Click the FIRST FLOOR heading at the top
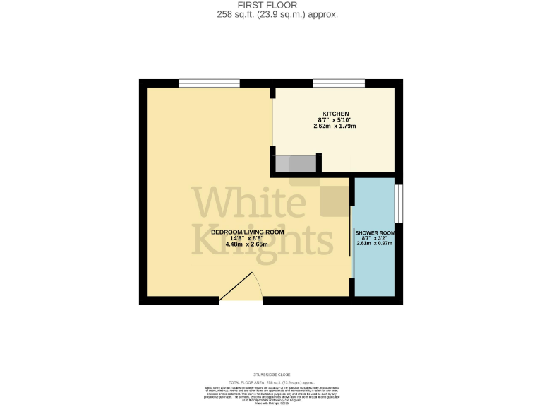pyautogui.click(x=271, y=5)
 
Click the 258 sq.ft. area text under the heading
pyautogui.click(x=271, y=13)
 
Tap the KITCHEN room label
pyautogui.click(x=335, y=114)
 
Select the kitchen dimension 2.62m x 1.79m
pyautogui.click(x=335, y=126)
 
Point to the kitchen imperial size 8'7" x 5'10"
pyautogui.click(x=335, y=120)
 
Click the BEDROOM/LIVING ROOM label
pyautogui.click(x=248, y=232)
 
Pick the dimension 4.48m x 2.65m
pyautogui.click(x=248, y=244)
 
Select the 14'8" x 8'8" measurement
pyautogui.click(x=248, y=239)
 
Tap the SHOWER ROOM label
pyautogui.click(x=374, y=232)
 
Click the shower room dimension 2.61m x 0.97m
pyautogui.click(x=374, y=244)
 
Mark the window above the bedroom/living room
pyautogui.click(x=198, y=83)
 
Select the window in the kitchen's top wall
pyautogui.click(x=339, y=83)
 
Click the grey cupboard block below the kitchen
pyautogui.click(x=296, y=164)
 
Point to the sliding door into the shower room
pyautogui.click(x=351, y=233)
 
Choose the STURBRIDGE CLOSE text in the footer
pyautogui.click(x=272, y=374)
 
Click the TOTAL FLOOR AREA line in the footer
pyautogui.click(x=271, y=382)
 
